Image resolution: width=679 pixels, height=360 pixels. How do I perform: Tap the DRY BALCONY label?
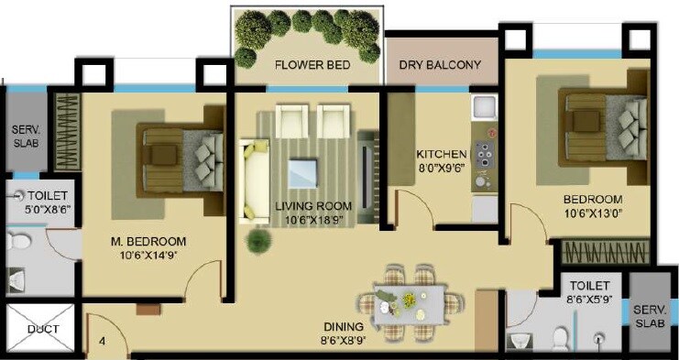coord(441,66)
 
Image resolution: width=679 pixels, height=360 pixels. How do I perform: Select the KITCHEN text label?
coord(442,154)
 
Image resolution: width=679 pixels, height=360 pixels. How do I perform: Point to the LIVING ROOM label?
coord(314,206)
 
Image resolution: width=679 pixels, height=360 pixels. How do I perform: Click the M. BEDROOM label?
coord(148,242)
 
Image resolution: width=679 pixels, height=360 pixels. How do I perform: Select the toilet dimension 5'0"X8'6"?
coord(38,209)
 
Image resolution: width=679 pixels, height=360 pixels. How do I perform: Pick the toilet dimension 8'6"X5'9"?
coord(588,299)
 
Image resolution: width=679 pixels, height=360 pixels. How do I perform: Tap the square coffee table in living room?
coord(301,170)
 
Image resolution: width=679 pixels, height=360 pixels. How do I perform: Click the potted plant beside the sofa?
coord(259,239)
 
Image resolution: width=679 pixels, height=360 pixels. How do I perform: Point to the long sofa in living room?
coord(251,180)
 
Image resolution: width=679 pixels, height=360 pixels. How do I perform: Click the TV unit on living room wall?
coord(368,174)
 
